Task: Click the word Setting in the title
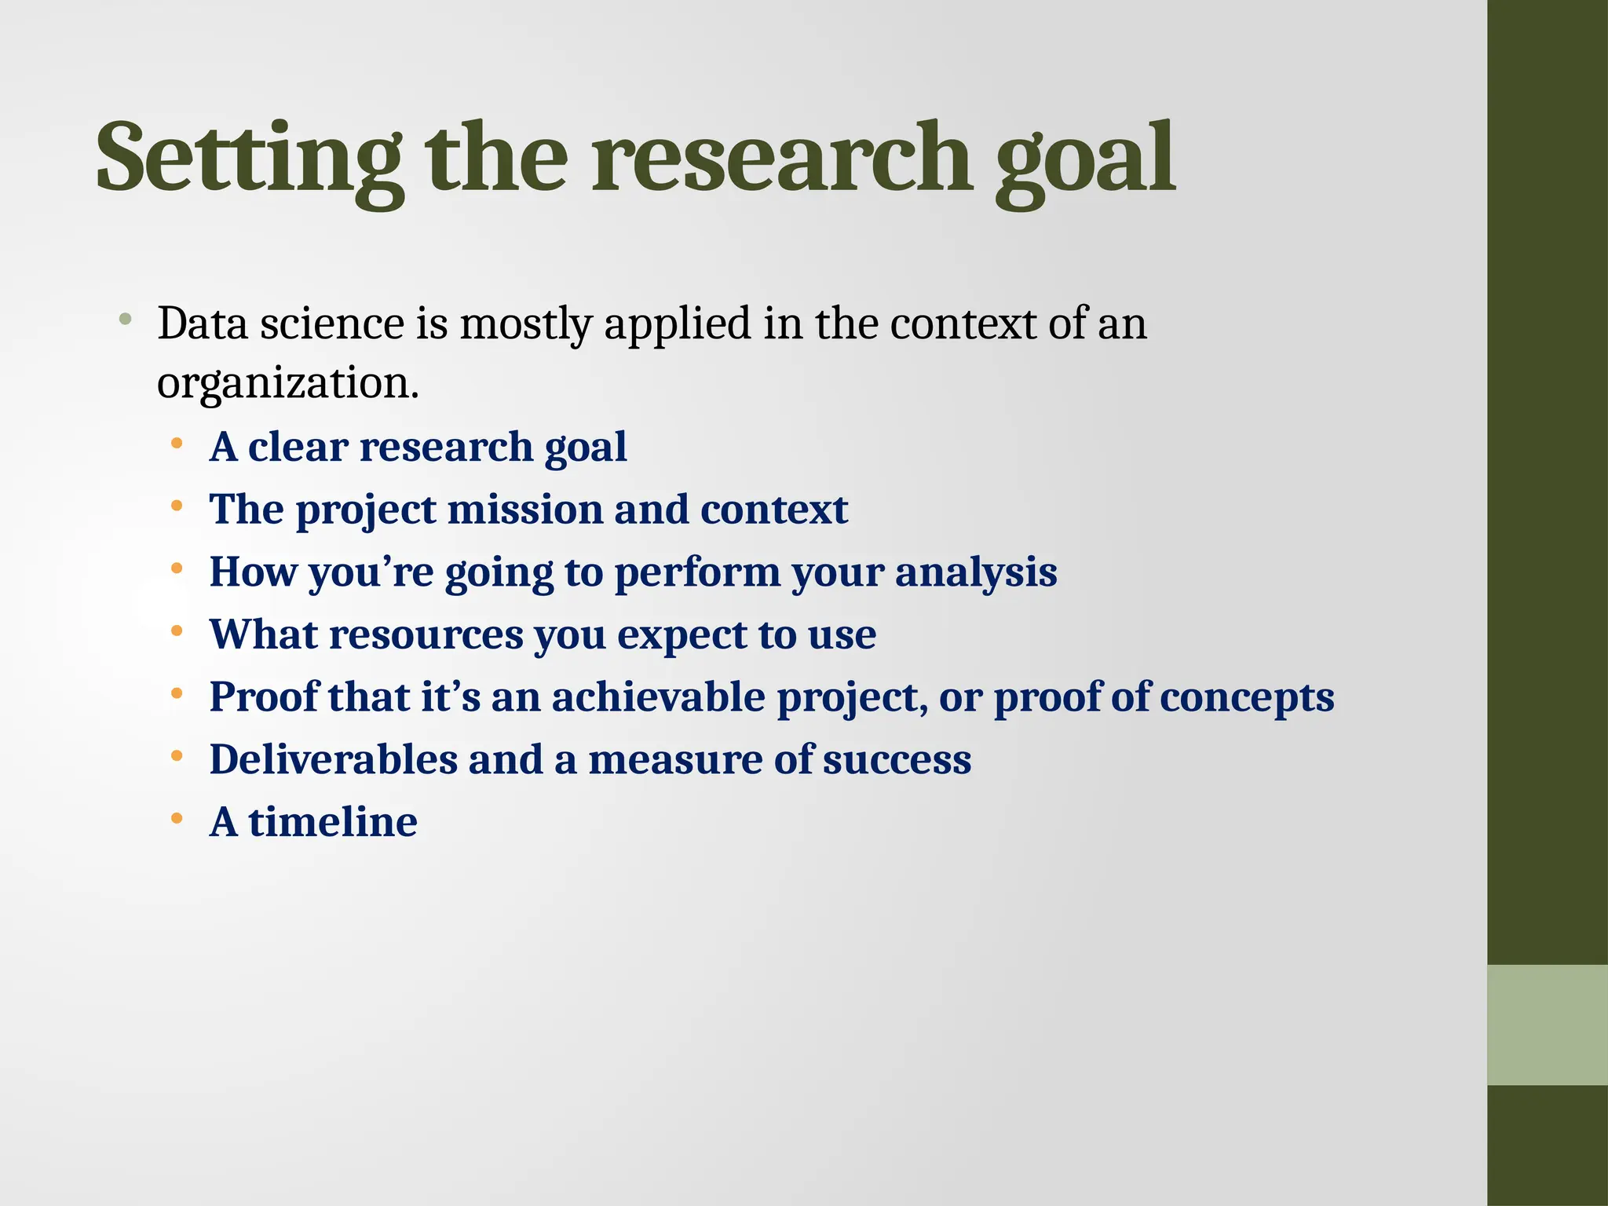tap(250, 159)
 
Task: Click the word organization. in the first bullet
tap(287, 385)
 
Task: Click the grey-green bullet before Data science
tap(125, 320)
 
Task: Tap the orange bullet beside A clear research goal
tap(177, 444)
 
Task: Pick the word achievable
tap(658, 697)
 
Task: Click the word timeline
tap(333, 823)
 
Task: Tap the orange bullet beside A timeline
tap(177, 820)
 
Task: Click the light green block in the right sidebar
tap(1547, 1025)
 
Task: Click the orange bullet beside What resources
tap(177, 631)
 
